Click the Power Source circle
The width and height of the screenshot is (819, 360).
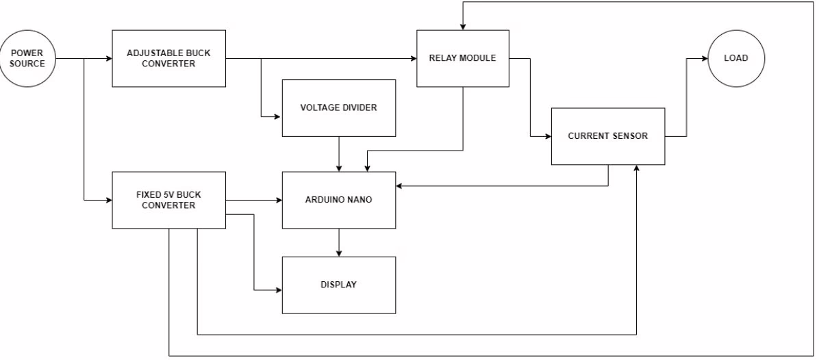tap(27, 58)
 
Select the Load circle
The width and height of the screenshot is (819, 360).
tap(735, 58)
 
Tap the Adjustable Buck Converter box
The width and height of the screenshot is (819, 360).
tap(168, 58)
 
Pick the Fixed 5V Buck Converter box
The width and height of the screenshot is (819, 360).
tap(168, 200)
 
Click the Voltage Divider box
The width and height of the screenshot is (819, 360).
tap(338, 107)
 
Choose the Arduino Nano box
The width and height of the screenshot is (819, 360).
tap(338, 200)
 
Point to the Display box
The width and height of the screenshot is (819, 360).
tap(338, 285)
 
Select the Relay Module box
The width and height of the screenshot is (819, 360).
tap(462, 58)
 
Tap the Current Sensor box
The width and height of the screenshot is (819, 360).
tap(607, 136)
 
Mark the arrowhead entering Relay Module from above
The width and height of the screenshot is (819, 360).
tap(463, 27)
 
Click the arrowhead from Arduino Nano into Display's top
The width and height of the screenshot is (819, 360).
tap(338, 253)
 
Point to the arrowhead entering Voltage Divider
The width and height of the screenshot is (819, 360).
tap(278, 117)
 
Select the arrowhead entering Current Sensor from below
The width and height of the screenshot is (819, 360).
tap(637, 168)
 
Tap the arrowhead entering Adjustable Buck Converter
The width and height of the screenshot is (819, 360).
tap(108, 58)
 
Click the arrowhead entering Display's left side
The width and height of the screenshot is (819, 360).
tap(278, 290)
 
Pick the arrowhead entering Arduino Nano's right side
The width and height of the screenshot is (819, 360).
tap(400, 185)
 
